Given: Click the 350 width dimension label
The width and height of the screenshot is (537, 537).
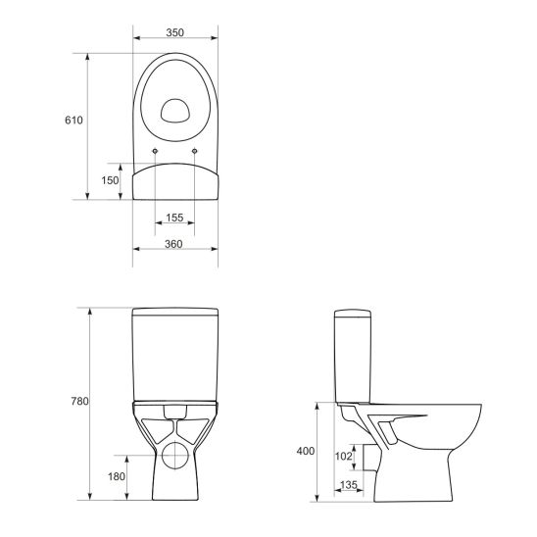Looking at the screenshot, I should coord(174,32).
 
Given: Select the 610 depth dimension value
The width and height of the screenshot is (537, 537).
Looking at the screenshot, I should coord(73,121).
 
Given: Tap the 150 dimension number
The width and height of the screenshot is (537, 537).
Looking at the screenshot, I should coord(111,180).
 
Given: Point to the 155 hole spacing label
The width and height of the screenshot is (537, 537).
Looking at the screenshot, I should coord(174,218).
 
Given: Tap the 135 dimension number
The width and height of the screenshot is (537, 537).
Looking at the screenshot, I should coord(347,485).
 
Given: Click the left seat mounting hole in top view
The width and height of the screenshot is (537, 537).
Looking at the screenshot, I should coord(156,150).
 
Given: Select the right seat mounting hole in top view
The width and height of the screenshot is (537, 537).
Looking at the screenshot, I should coord(194,150).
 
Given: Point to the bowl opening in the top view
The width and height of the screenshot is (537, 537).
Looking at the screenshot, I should coord(175,110).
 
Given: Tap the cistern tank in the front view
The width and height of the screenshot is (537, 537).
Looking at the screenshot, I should coord(174,358).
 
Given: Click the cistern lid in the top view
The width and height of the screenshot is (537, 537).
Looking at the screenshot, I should coord(174,182).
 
